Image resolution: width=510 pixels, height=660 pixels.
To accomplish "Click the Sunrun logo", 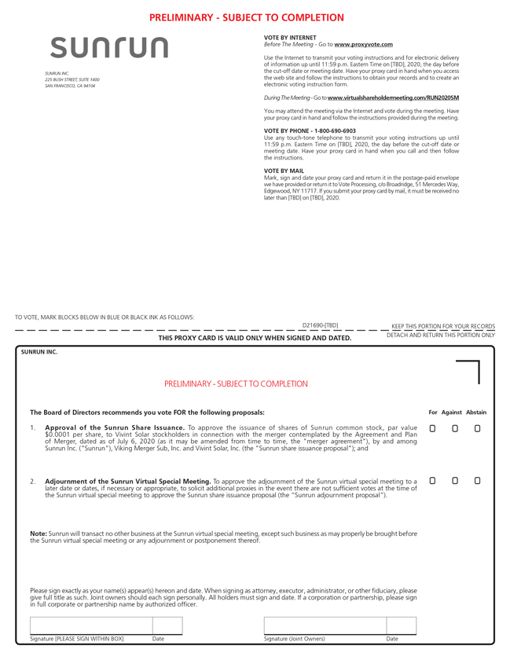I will click(109, 47).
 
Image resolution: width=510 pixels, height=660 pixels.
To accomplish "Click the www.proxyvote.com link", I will click(363, 45).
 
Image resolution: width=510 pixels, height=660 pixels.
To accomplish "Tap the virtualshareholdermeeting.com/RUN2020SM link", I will click(393, 97).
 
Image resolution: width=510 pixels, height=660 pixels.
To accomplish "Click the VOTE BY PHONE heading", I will click(310, 130).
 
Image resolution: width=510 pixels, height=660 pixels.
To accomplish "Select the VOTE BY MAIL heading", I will click(284, 170).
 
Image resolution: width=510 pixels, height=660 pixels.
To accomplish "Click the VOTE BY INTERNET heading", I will click(290, 38).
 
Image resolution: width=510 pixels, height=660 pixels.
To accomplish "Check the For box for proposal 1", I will click(432, 428).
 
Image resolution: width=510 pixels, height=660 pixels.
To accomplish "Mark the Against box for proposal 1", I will click(455, 428).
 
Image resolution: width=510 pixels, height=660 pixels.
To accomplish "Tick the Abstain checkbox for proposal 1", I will click(477, 428).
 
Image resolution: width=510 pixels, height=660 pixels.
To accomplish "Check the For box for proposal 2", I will click(432, 480).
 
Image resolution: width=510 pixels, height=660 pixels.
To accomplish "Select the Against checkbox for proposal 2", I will click(455, 480).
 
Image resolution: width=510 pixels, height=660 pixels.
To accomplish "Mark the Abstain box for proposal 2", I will click(477, 480).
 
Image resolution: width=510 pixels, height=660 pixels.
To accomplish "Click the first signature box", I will click(90, 625).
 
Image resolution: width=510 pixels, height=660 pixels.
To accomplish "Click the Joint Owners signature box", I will click(325, 625).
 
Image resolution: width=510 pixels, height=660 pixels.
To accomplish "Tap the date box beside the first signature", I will click(167, 625).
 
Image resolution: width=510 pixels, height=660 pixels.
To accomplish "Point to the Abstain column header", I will click(475, 412).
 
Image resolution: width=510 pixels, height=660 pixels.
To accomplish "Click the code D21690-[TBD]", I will click(320, 324).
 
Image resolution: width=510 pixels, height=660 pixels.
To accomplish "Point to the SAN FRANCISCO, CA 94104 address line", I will click(70, 86).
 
